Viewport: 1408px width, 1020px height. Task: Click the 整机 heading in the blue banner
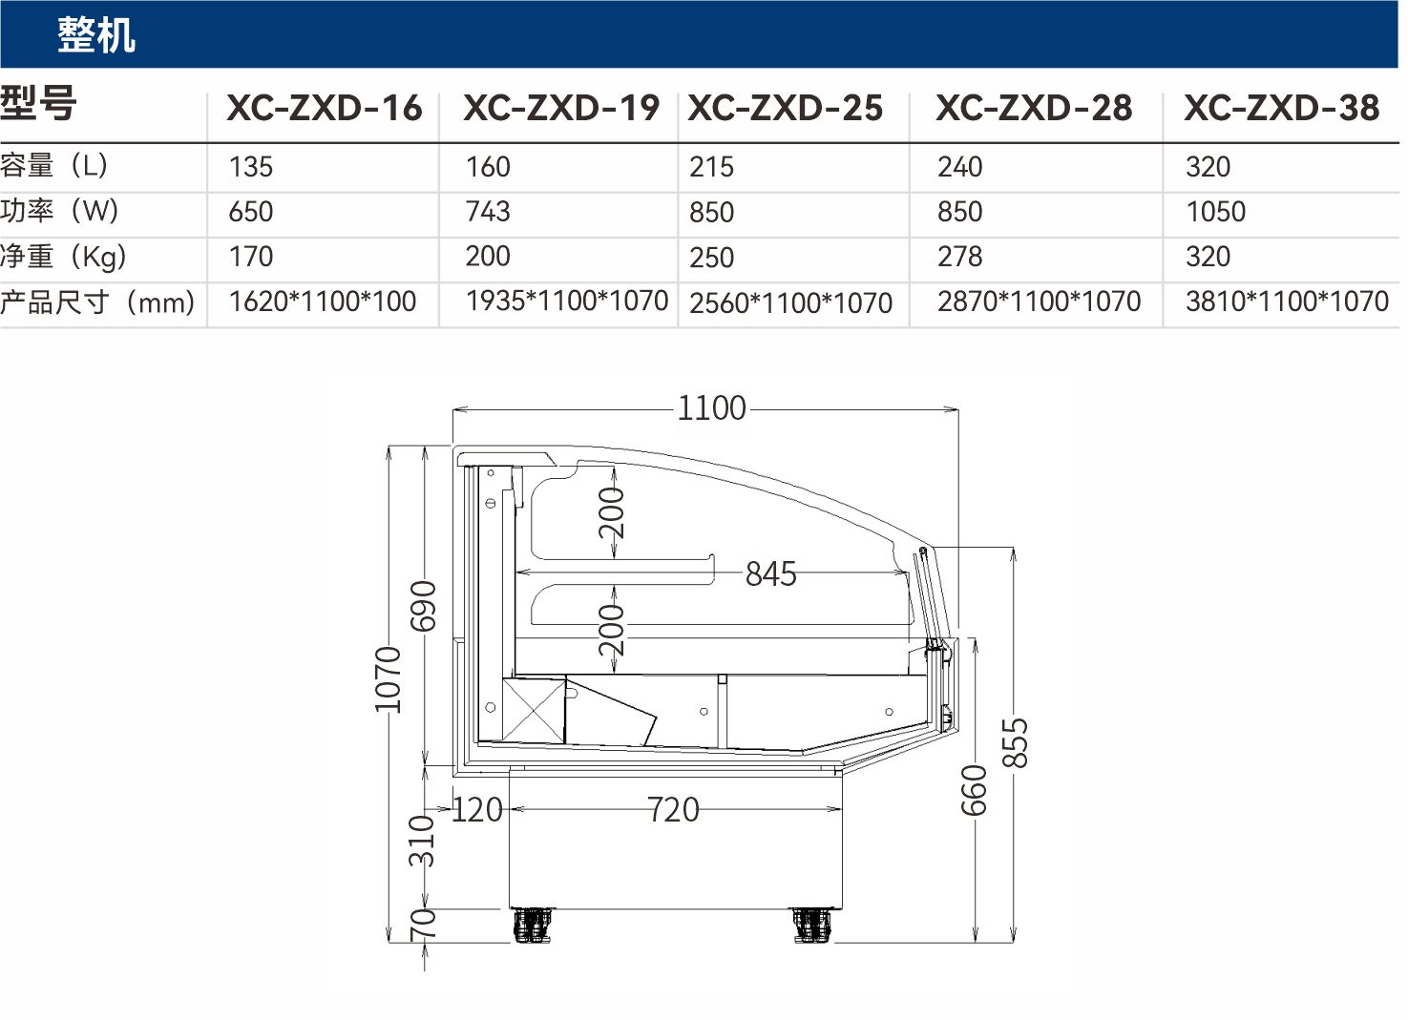pos(96,35)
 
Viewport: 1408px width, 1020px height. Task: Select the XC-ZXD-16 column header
pos(325,108)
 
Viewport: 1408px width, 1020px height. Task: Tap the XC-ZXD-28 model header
pos(1034,108)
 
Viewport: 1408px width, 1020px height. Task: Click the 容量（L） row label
pos(54,165)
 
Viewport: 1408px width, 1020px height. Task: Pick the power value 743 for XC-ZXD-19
pos(488,211)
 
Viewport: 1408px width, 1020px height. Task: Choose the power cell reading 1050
pos(1216,211)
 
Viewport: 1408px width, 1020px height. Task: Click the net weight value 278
pos(960,257)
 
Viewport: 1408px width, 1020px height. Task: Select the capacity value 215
pos(711,167)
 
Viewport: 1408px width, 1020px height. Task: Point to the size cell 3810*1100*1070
pos(1287,301)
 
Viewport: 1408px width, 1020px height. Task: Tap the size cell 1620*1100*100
pos(323,301)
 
